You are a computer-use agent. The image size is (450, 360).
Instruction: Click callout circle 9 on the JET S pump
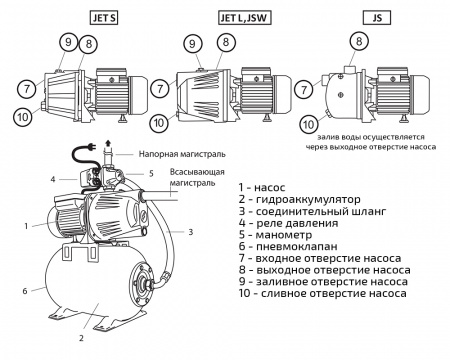tap(68, 43)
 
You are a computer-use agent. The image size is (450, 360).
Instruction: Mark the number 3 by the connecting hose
tap(190, 232)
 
